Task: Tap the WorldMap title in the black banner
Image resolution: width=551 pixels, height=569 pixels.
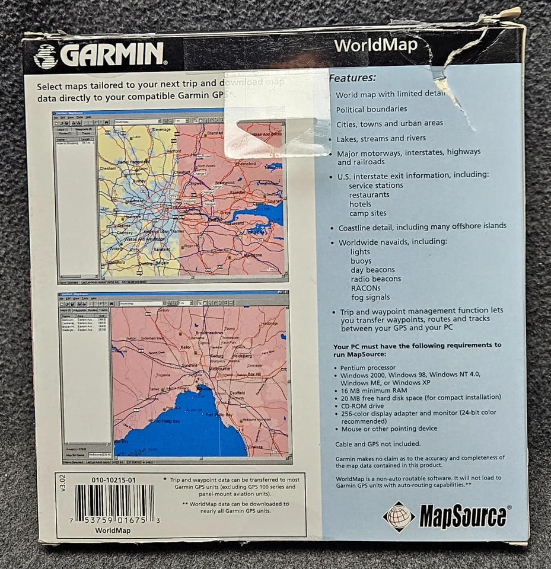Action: [375, 46]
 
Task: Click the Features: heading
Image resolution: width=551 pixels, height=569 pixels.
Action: [352, 78]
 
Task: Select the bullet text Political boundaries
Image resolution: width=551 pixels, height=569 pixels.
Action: [371, 109]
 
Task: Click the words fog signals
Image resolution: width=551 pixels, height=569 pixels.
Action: [370, 298]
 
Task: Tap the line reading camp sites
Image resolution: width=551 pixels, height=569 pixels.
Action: [368, 213]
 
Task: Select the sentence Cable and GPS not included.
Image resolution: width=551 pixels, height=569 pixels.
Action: [378, 444]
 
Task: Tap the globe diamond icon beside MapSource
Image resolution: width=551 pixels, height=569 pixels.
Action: [399, 516]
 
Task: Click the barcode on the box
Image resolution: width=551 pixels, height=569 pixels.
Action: [114, 503]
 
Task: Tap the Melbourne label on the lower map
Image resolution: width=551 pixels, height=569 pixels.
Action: [220, 369]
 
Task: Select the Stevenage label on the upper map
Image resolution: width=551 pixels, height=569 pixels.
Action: [161, 129]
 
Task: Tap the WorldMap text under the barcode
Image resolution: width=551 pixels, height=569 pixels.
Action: [113, 530]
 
